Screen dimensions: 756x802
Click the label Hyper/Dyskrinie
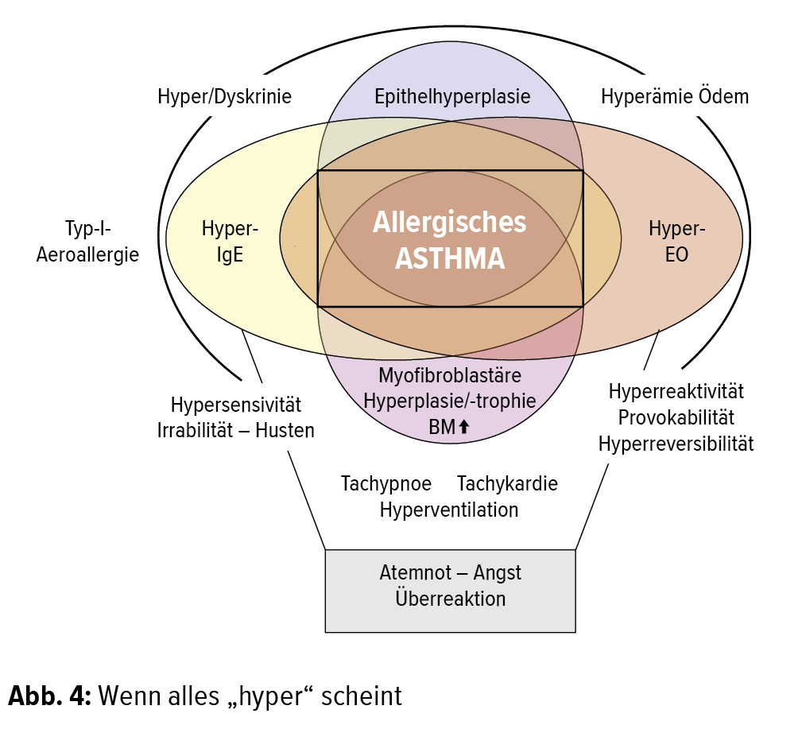click(224, 97)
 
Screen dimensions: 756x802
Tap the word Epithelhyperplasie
click(452, 97)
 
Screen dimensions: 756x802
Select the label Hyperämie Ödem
click(675, 97)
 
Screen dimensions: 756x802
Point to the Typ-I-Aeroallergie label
click(87, 242)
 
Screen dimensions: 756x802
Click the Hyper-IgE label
click(230, 242)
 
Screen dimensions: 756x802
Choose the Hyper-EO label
click(677, 242)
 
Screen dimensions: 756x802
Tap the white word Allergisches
click(450, 222)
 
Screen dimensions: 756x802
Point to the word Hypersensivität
click(236, 405)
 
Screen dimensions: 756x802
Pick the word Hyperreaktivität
click(676, 391)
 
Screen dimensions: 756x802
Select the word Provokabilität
click(676, 417)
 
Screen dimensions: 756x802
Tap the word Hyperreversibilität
click(676, 443)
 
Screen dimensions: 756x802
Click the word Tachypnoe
click(386, 483)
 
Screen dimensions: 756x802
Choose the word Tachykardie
click(507, 483)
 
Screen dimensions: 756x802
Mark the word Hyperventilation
click(449, 509)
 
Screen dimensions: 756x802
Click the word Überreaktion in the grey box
click(450, 598)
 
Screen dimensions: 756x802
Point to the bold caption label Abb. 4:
click(50, 696)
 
